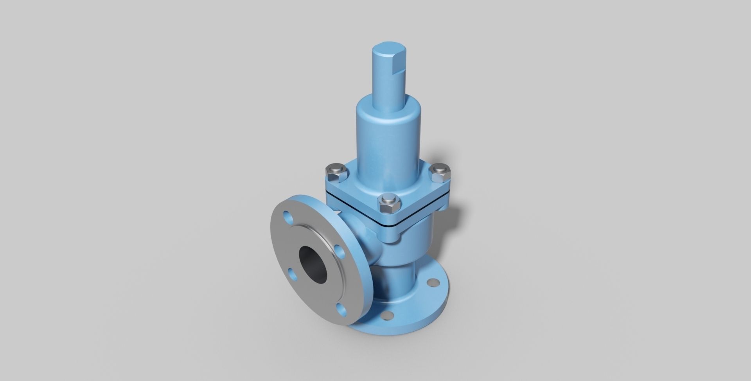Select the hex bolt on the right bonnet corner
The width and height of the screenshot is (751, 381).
440,172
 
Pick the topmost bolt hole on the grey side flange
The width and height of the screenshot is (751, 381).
288,216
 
